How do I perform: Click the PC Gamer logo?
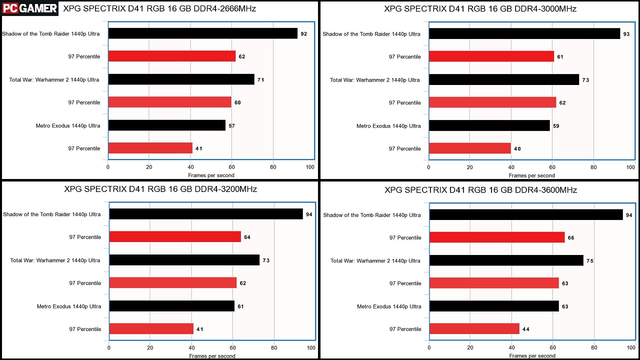click(29, 8)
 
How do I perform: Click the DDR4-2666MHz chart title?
click(159, 8)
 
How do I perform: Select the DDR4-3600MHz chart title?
click(480, 190)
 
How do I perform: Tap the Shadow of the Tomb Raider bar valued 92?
click(202, 33)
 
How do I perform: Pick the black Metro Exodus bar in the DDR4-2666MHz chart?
click(166, 125)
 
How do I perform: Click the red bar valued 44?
click(474, 329)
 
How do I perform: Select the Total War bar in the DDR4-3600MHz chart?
click(506, 260)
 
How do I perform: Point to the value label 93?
click(626, 34)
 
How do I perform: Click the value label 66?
click(571, 238)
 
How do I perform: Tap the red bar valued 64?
click(175, 237)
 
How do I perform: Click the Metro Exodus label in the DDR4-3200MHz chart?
click(68, 306)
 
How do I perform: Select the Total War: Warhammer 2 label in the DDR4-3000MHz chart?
click(375, 80)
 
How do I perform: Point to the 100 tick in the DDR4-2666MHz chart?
click(310, 167)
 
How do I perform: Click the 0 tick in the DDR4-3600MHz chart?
click(429, 348)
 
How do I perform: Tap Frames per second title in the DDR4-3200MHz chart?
click(212, 356)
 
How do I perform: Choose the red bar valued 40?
click(469, 148)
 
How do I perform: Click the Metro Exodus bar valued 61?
click(171, 306)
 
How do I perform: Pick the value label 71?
click(260, 80)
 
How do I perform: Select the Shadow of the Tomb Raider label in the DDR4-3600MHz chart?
click(372, 215)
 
